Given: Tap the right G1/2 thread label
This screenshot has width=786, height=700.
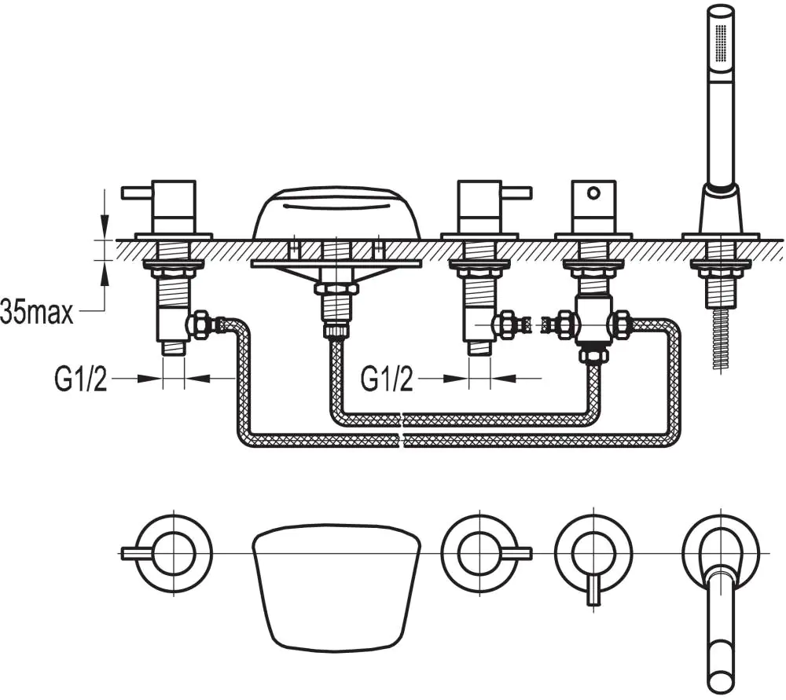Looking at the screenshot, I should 387,379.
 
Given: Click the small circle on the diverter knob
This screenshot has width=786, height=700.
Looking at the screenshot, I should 594,190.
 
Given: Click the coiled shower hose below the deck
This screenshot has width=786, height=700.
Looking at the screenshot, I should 721,338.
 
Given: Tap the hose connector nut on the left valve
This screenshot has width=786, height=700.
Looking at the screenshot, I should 198,324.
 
